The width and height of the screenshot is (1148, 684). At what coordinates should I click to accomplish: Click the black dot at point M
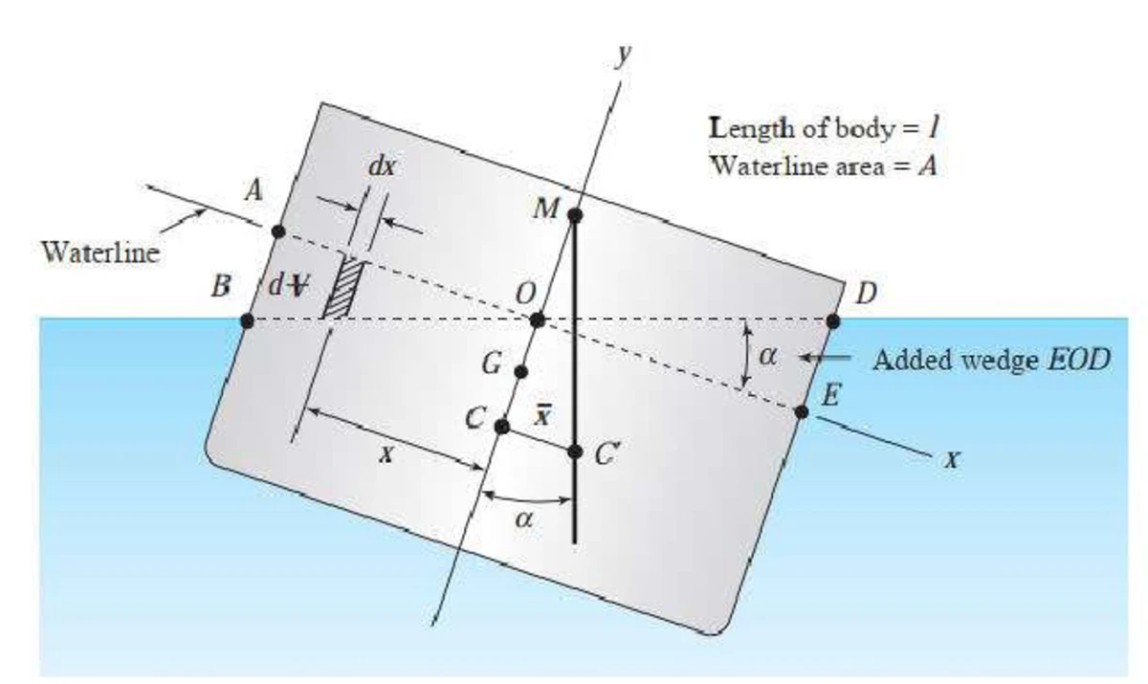click(575, 215)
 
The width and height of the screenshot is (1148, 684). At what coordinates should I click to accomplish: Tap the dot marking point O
click(537, 320)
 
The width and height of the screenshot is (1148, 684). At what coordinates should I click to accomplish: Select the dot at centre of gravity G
click(520, 372)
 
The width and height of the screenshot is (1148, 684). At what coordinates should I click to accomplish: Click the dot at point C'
click(575, 452)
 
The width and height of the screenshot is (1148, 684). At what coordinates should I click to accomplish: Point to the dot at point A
click(278, 232)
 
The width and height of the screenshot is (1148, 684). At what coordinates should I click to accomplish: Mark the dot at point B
click(247, 321)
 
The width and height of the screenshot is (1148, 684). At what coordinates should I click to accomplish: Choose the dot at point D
click(833, 321)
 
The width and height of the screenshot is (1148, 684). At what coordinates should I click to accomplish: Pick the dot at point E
click(802, 412)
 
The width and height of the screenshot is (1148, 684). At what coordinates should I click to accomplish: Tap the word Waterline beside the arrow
click(100, 253)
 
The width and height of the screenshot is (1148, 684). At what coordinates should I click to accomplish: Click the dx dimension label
click(382, 167)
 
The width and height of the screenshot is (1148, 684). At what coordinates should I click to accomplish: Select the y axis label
click(624, 55)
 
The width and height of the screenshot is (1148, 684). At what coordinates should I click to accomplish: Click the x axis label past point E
click(952, 459)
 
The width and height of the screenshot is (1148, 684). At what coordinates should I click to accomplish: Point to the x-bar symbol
click(542, 415)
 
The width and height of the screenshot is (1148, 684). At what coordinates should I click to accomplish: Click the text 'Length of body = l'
click(824, 128)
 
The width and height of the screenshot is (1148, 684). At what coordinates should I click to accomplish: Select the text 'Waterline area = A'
click(824, 165)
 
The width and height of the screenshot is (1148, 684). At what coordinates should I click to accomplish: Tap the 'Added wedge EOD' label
click(991, 360)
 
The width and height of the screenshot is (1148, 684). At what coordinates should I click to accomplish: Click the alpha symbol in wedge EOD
click(767, 356)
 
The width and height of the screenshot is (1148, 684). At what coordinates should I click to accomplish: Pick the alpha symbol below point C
click(524, 519)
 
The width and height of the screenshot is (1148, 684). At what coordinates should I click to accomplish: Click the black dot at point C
click(501, 427)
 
